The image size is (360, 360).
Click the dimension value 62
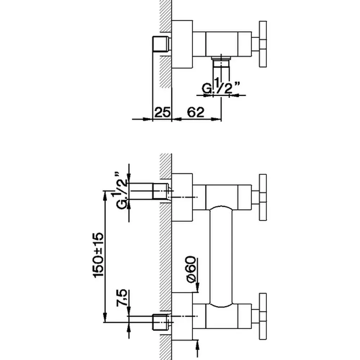point(195,112)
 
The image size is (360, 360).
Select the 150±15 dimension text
point(98,255)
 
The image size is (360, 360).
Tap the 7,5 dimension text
point(121,298)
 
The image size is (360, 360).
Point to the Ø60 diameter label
point(191,269)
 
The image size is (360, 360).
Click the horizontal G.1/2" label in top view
point(221,86)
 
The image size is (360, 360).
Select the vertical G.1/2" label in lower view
point(121,190)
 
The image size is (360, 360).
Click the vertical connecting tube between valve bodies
point(221,256)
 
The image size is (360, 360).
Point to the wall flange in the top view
point(182,44)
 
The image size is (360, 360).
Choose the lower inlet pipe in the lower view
point(162,322)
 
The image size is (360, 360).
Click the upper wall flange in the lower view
point(182,197)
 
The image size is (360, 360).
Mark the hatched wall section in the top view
point(166,44)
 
